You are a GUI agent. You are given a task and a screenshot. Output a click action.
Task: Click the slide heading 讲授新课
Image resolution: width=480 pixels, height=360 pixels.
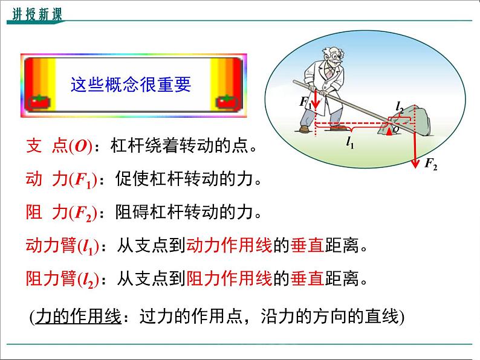coord(37,14)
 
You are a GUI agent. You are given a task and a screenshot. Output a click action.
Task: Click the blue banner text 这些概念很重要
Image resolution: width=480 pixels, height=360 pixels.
coord(131,85)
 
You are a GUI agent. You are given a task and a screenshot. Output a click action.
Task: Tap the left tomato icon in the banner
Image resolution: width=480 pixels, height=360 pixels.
coord(39,102)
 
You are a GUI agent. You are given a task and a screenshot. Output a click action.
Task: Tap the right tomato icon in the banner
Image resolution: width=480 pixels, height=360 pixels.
coord(227,102)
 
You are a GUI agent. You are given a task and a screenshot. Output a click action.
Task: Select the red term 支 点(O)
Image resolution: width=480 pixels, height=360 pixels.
coord(59,146)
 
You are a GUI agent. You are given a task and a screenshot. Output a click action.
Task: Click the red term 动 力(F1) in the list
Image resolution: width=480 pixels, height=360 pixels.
coord(62,179)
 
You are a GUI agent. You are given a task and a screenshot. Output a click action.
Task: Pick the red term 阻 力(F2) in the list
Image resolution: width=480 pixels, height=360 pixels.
coord(62,213)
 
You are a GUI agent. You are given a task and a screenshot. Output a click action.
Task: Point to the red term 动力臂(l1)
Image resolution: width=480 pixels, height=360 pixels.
coord(63,246)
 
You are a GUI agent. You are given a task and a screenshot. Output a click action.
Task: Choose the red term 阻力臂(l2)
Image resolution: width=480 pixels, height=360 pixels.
coord(63,279)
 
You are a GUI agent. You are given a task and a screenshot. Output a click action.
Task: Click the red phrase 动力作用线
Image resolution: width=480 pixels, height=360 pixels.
coord(229,245)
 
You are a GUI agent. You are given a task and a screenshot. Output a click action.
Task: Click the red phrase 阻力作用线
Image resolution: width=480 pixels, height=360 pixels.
coord(229,278)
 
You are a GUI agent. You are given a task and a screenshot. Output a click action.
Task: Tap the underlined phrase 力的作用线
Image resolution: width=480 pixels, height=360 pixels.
coord(79,317)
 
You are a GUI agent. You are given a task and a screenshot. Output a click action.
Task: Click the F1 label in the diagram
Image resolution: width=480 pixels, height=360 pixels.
coord(305,102)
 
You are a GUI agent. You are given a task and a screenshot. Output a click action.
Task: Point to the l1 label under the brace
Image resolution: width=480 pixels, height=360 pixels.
coord(350,142)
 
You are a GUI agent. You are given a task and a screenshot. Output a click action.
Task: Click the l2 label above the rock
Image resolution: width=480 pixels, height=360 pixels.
coord(400,108)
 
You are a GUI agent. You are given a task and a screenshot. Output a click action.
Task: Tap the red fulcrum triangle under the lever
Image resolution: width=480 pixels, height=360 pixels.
coord(389,131)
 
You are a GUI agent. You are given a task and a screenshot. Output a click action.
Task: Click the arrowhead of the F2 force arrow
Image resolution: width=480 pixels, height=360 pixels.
coord(415,163)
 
